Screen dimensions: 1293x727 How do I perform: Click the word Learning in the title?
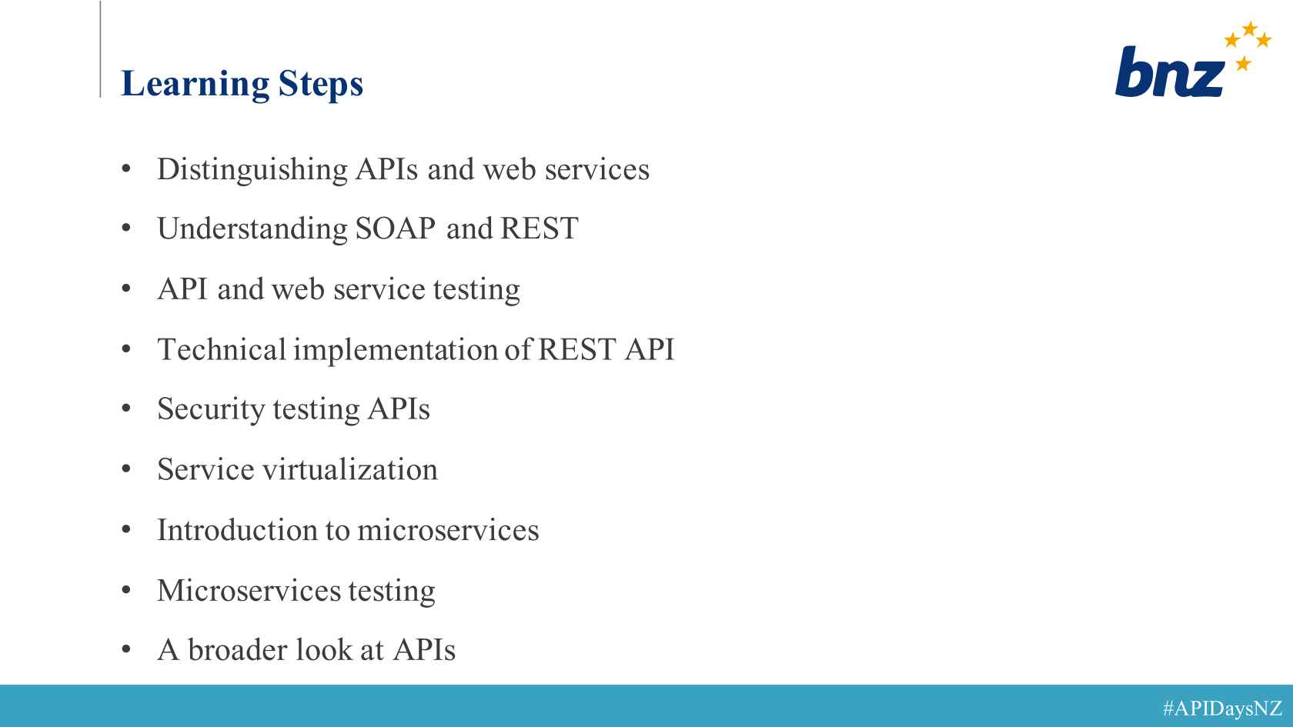tap(195, 85)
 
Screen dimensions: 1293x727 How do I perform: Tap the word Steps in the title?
tap(321, 85)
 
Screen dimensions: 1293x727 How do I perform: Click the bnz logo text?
tap(1170, 72)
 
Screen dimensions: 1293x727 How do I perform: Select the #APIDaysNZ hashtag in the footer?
tap(1222, 708)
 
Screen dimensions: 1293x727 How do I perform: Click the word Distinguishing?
tap(252, 170)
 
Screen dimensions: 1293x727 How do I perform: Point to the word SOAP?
tap(396, 228)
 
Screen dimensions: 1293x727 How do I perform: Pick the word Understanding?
tap(252, 229)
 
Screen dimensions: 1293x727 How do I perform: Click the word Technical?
tap(222, 349)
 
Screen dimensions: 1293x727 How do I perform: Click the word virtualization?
tap(349, 469)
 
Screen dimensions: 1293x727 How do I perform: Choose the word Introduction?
tap(237, 529)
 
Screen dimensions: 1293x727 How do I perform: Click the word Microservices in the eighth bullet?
tap(249, 590)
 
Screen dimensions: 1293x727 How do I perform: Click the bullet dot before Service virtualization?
tap(126, 469)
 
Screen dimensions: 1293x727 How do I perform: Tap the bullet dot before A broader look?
tap(126, 649)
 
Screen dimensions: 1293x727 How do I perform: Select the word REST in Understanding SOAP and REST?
tap(539, 228)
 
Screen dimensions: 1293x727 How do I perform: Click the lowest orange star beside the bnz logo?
tap(1243, 63)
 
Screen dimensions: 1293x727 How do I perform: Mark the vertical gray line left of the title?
tap(100, 49)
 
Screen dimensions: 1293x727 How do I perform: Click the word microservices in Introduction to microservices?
tap(448, 529)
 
